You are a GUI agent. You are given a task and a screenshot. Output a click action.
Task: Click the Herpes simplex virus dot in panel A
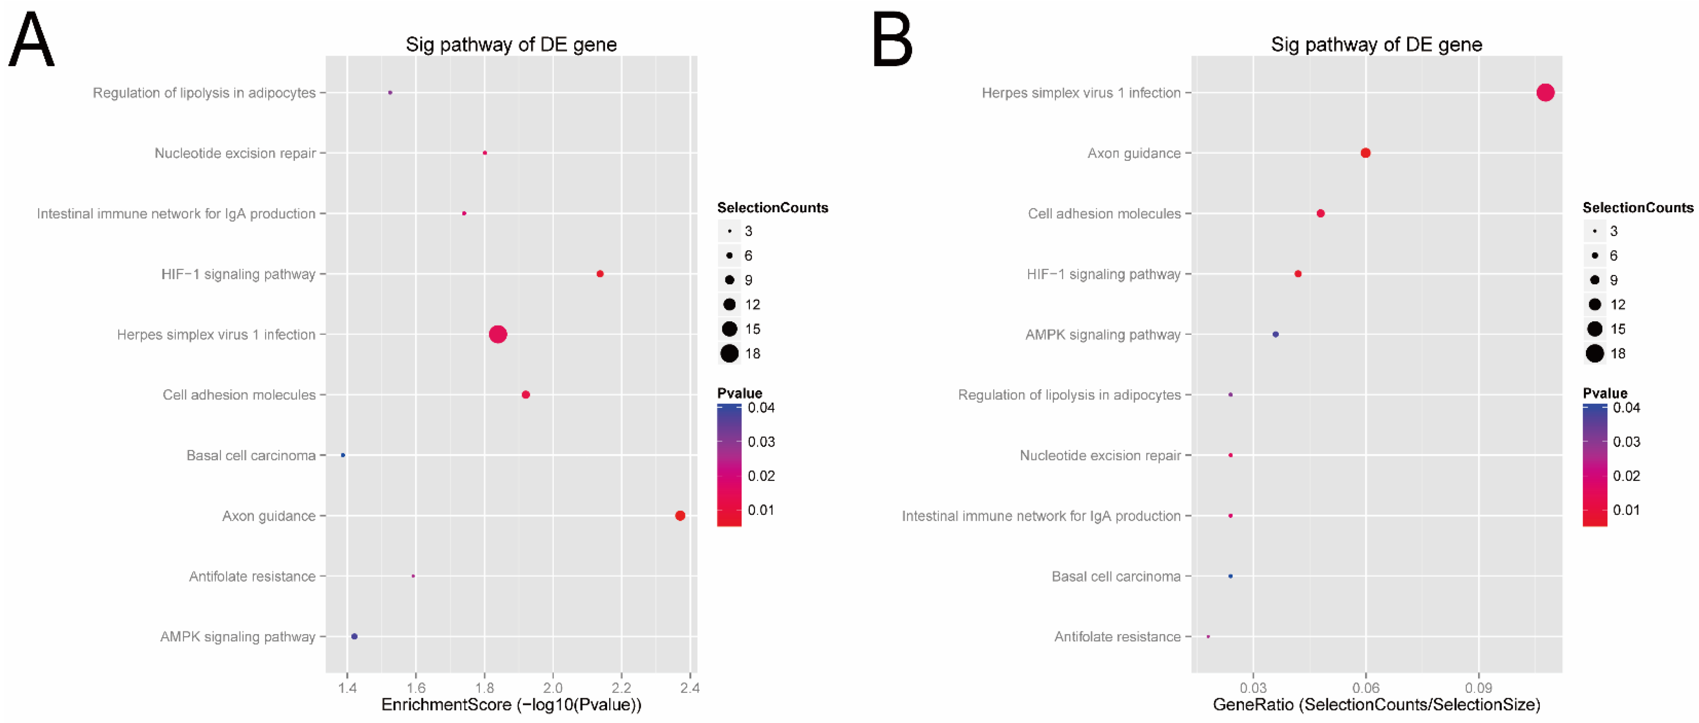pyautogui.click(x=498, y=335)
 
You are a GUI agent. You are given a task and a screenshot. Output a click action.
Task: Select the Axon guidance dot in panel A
pyautogui.click(x=680, y=516)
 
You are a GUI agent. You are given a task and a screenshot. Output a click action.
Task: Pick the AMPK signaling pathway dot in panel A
pyautogui.click(x=354, y=637)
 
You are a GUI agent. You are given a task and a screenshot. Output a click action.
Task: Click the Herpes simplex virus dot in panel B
pyautogui.click(x=1545, y=92)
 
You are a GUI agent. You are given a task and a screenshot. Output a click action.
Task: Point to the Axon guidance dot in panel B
pyautogui.click(x=1366, y=153)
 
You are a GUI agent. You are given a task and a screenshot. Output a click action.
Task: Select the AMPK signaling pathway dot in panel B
pyautogui.click(x=1276, y=335)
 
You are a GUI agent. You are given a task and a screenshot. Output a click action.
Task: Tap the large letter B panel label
pyautogui.click(x=892, y=41)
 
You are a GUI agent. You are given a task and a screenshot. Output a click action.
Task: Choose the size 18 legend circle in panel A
pyautogui.click(x=729, y=353)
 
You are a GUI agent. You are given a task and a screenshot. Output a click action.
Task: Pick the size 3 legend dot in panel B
pyautogui.click(x=1595, y=231)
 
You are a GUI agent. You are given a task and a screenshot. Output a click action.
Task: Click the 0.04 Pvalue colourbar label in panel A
pyautogui.click(x=761, y=408)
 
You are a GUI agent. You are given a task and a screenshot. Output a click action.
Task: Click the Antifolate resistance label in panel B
pyautogui.click(x=1117, y=637)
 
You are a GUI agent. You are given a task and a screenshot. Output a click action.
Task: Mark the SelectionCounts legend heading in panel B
pyautogui.click(x=1638, y=208)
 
